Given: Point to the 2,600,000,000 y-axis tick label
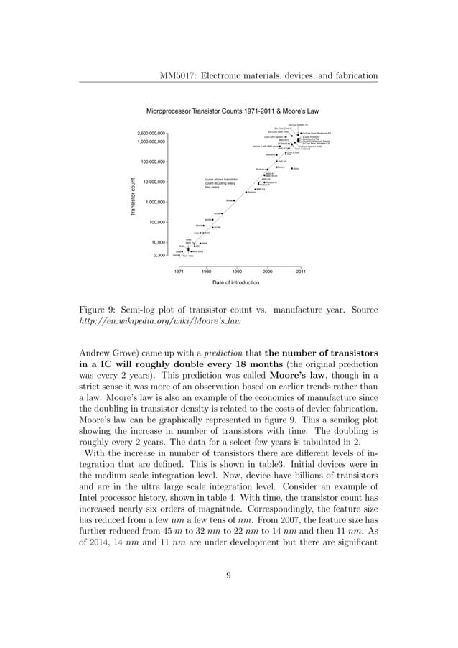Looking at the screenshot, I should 151,134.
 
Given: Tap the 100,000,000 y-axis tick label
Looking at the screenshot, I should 153,162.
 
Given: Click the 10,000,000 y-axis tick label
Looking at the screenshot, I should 154,182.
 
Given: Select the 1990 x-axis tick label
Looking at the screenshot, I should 236,272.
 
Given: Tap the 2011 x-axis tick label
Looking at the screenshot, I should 301,272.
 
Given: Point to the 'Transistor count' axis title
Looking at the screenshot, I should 132,195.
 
